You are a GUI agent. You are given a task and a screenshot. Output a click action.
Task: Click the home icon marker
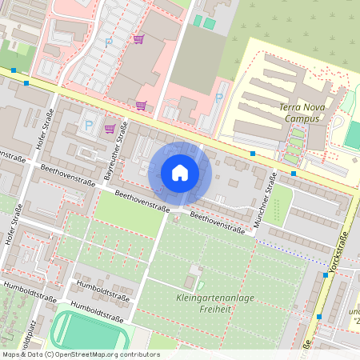[x=180, y=173]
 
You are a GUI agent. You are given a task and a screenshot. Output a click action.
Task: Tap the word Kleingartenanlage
[x=214, y=299]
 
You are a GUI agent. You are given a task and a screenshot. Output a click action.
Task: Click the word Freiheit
[x=214, y=311]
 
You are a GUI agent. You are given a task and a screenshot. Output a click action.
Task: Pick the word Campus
[x=302, y=118]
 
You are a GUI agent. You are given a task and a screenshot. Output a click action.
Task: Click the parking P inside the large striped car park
[x=109, y=42]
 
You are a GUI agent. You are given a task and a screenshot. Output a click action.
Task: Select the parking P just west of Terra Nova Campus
[x=218, y=97]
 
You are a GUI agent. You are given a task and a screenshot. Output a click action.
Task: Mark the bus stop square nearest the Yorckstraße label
[x=326, y=275]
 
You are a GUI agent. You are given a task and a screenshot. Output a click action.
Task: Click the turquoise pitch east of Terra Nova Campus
[x=353, y=133]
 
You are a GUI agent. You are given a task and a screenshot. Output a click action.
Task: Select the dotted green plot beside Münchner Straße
[x=277, y=205]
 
